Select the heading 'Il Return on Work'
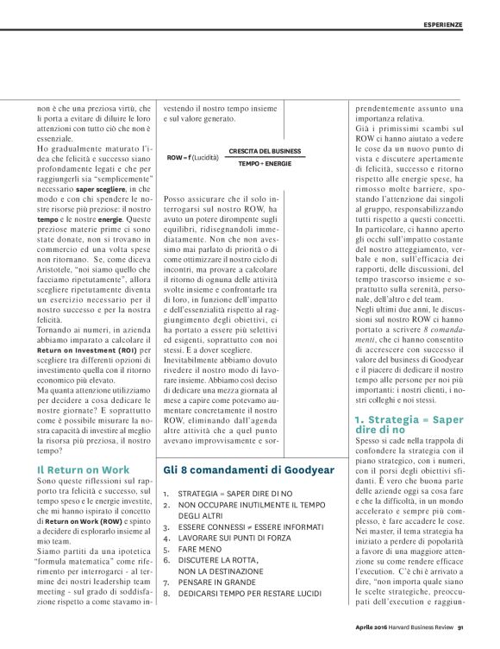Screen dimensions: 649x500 click(83, 469)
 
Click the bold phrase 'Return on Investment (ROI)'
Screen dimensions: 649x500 click(85, 350)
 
